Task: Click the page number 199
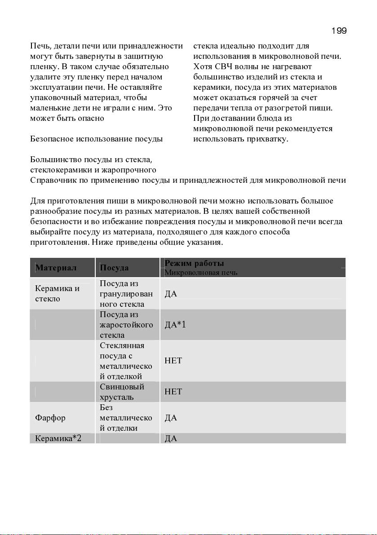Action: [338, 31]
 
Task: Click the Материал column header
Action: [56, 268]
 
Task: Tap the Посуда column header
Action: [114, 268]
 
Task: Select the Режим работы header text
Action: [194, 263]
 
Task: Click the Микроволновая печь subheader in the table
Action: [201, 273]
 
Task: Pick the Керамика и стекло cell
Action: [58, 293]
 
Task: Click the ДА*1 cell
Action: [175, 325]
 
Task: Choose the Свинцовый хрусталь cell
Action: [122, 392]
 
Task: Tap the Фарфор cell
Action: [50, 418]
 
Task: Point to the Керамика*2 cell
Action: [58, 438]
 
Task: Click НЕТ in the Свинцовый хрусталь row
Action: [173, 392]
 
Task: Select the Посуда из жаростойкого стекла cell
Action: [126, 325]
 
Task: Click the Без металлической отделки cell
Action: [126, 418]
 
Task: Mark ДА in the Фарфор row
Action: [171, 418]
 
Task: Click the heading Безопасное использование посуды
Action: [97, 139]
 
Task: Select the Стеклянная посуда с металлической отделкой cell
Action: [126, 361]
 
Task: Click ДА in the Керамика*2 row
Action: [171, 438]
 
